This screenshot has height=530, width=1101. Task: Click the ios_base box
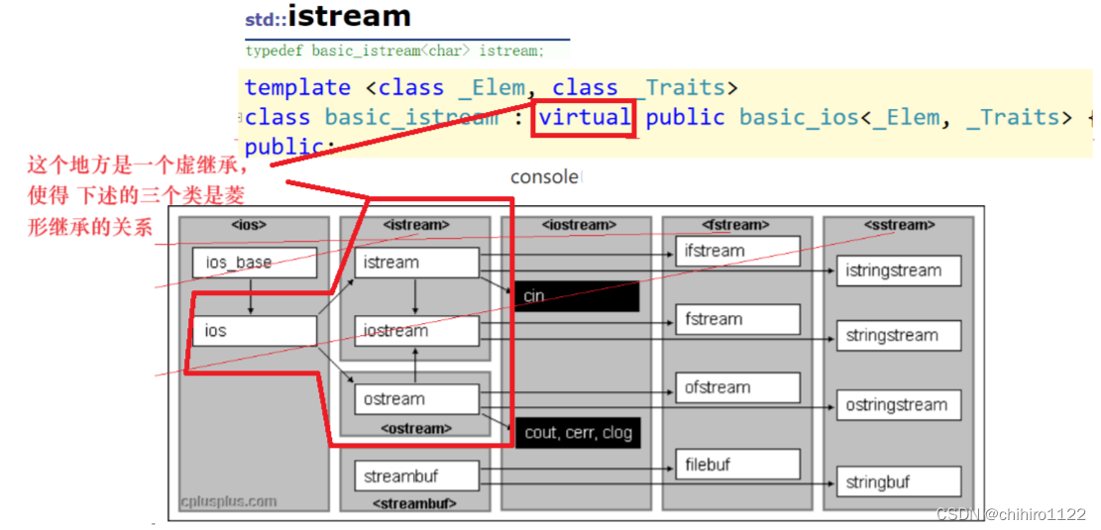(x=254, y=263)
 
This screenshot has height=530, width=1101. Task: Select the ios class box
(x=254, y=331)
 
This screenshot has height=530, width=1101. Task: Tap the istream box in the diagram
(x=416, y=263)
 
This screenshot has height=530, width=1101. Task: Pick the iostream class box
(x=416, y=331)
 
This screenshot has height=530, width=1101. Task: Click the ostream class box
(x=416, y=399)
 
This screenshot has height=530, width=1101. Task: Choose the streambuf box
(x=416, y=477)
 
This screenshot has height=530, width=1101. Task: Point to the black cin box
(x=576, y=296)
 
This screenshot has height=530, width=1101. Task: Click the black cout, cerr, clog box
(x=576, y=433)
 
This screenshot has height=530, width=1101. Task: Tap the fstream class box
(x=737, y=319)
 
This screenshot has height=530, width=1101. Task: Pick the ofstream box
(x=737, y=387)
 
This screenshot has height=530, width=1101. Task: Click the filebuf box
(x=737, y=464)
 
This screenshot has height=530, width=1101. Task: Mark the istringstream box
(x=899, y=270)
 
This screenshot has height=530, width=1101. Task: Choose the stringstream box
(x=899, y=336)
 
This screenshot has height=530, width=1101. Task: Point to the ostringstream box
(x=899, y=404)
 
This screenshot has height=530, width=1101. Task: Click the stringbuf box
(x=899, y=482)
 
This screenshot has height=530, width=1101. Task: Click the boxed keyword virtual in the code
(x=585, y=118)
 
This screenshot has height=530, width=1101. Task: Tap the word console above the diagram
(x=544, y=177)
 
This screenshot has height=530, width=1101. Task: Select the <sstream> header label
(x=899, y=225)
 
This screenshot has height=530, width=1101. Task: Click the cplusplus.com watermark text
(x=229, y=501)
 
